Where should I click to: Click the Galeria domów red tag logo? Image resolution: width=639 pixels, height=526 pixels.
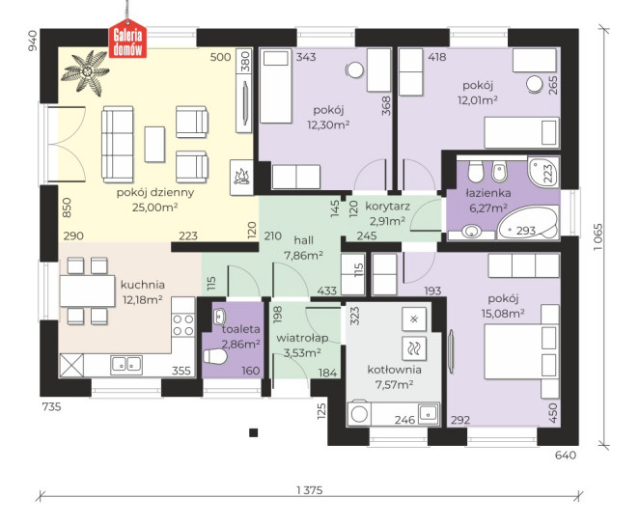coord(127,39)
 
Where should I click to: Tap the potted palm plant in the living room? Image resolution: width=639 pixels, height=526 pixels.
coord(86,72)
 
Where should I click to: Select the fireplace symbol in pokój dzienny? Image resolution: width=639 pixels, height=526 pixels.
coord(241,178)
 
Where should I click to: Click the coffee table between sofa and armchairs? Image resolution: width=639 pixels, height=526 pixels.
coord(154,144)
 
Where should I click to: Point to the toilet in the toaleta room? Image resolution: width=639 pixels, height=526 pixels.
coord(214,357)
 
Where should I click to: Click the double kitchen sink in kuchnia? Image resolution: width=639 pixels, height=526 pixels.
coord(126,365)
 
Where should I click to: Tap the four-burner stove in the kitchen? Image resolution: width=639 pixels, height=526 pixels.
coord(183,325)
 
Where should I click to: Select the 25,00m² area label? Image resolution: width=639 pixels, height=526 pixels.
coord(154,208)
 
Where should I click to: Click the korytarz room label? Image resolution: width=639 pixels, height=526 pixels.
coord(387,207)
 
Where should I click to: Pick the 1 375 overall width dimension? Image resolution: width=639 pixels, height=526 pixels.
coord(310,490)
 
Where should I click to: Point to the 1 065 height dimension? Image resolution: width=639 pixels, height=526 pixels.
coord(597,237)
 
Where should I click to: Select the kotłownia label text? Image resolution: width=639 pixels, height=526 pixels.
coord(394,370)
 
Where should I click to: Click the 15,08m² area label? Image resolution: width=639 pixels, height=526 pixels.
coord(503,314)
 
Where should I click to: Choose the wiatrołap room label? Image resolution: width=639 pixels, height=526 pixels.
coord(302,338)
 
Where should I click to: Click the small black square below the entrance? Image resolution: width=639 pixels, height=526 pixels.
coord(254,432)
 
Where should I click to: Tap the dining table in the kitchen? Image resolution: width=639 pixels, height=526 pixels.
coord(87,291)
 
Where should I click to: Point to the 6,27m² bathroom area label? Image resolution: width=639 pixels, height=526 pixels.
coord(488,208)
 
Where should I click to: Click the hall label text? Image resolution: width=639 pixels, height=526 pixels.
coord(304,240)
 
